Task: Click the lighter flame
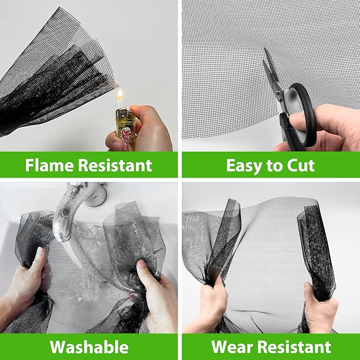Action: click(120, 96)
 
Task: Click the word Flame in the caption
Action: click(49, 165)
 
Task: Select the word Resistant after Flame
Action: click(115, 165)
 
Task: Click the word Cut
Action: click(301, 165)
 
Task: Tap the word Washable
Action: click(89, 347)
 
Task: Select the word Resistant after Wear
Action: click(294, 347)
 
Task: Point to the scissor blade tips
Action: click(265, 49)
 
